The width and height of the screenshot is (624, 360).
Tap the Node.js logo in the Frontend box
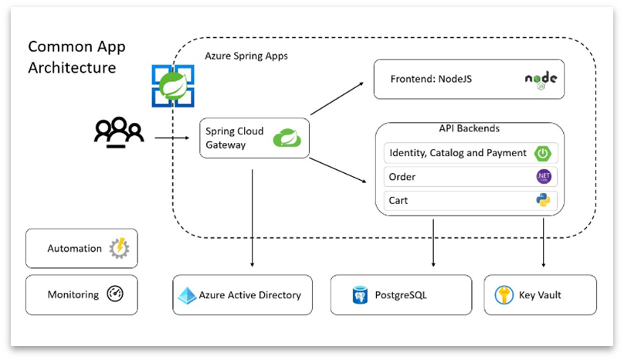click(541, 80)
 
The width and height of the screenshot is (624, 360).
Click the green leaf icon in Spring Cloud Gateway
click(287, 138)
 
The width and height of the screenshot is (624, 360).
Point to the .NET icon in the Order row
click(544, 177)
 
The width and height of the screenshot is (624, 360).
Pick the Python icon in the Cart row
click(544, 200)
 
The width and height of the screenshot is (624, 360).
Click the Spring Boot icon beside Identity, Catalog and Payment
click(544, 153)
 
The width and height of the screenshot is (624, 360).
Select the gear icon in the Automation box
click(119, 248)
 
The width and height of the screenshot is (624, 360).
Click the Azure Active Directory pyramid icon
click(187, 295)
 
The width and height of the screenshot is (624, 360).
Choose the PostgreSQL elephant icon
click(360, 295)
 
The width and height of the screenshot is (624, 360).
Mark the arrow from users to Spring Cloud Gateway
click(171, 139)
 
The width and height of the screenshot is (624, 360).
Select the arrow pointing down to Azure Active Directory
click(252, 216)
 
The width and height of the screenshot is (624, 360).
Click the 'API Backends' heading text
click(469, 129)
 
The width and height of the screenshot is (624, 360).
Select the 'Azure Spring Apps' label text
click(246, 56)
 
